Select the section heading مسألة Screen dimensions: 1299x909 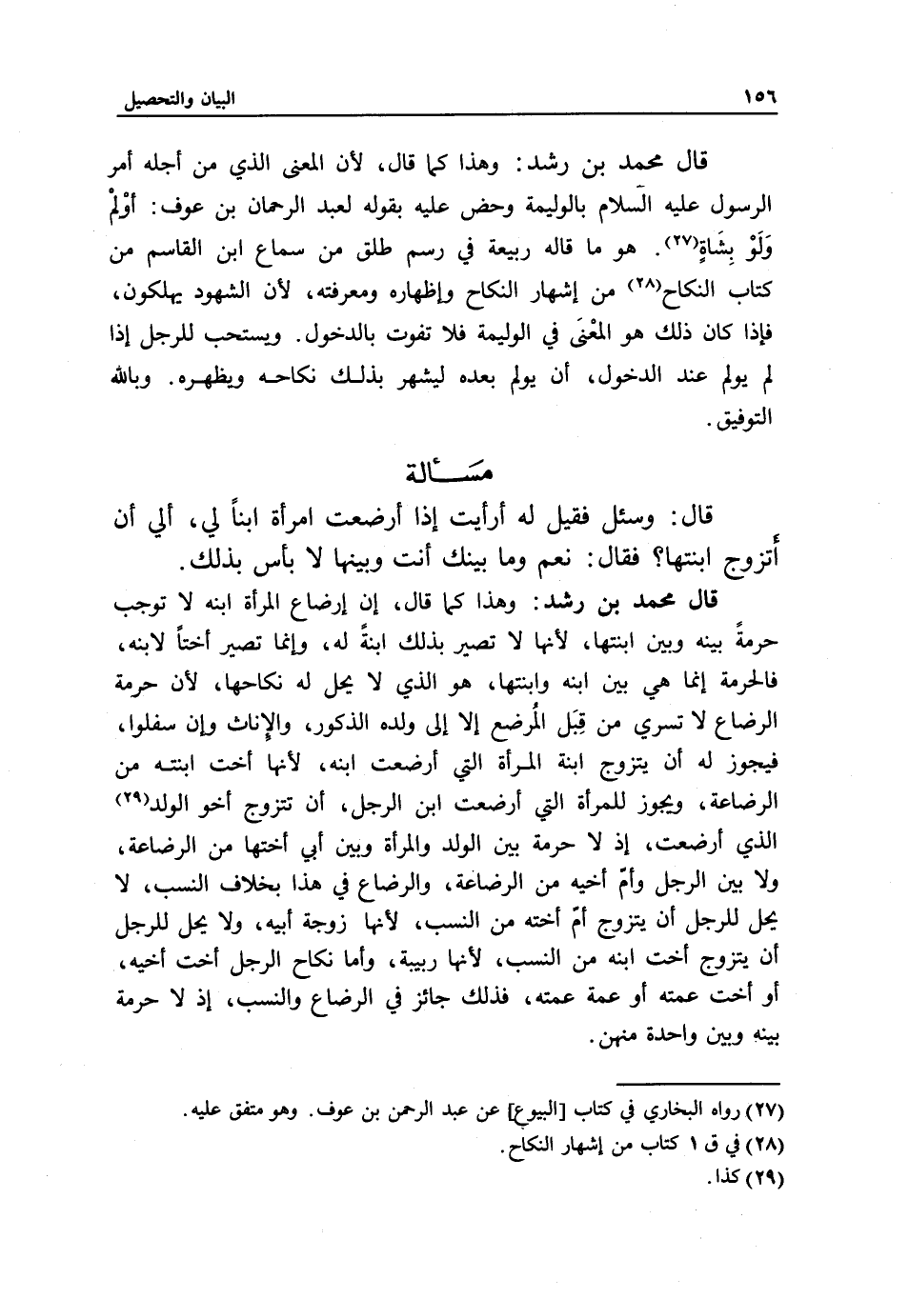pyautogui.click(x=454, y=471)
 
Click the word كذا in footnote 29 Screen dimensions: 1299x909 pyautogui.click(x=728, y=1177)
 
